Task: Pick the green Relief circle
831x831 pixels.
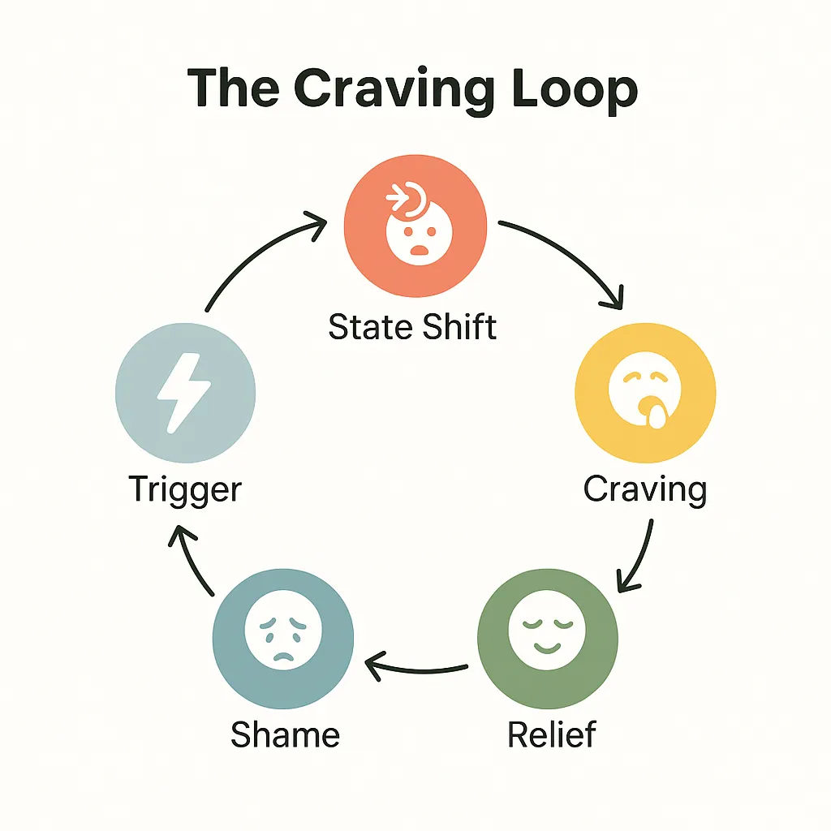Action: point(548,630)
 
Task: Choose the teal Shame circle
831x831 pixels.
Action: point(282,630)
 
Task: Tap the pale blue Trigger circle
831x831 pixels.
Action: point(186,393)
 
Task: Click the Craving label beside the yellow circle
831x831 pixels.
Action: point(645,490)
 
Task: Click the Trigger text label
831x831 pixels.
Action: point(186,490)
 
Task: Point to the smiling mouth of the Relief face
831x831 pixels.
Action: point(548,646)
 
